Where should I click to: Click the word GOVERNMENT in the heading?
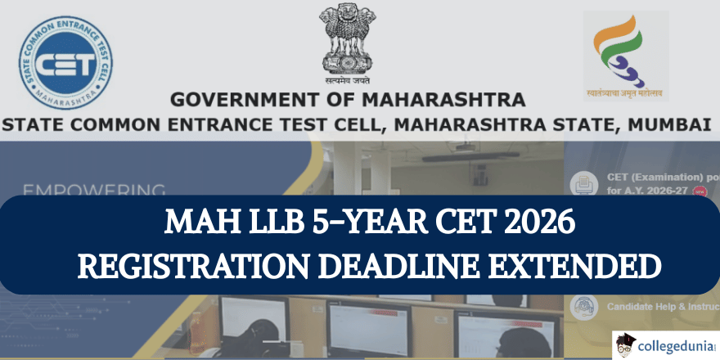click(239, 101)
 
